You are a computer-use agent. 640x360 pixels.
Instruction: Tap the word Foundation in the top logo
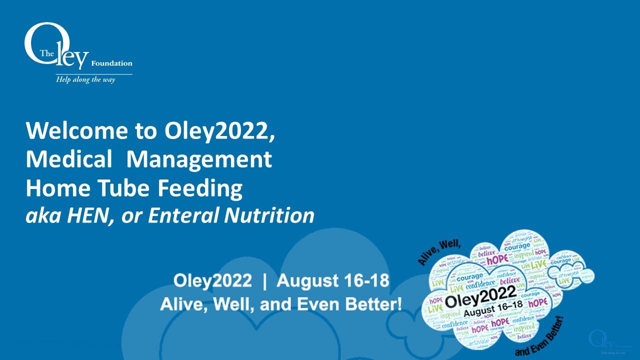coord(111,63)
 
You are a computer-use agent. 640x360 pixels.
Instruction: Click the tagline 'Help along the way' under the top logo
coord(85,80)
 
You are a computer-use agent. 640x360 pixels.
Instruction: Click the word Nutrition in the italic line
coord(269,216)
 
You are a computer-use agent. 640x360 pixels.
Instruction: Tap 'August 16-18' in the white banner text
coord(333,280)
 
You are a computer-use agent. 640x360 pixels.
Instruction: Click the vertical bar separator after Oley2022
coord(264,280)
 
